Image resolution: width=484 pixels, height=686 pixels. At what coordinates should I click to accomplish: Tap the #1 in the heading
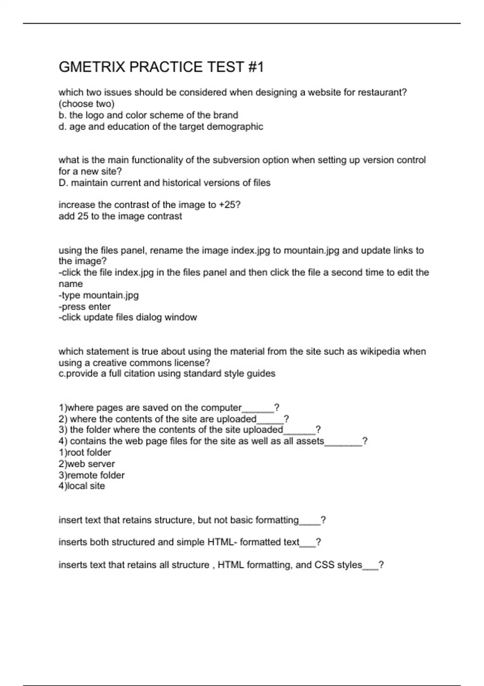click(255, 67)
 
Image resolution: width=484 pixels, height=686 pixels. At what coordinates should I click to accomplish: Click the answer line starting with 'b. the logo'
click(148, 115)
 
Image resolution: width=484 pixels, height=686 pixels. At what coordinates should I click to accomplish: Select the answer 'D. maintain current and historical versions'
click(164, 183)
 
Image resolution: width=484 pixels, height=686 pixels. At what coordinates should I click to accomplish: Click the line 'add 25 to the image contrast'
click(120, 216)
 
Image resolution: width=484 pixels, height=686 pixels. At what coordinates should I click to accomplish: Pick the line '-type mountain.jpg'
click(98, 295)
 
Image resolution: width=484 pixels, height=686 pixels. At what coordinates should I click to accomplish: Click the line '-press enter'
click(84, 307)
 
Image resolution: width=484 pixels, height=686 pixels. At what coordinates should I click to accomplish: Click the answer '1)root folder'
click(85, 453)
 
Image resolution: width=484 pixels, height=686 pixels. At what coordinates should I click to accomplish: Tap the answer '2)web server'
click(87, 464)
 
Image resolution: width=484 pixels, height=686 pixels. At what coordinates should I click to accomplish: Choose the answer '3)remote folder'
click(92, 475)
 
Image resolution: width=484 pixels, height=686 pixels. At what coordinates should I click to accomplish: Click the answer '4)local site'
click(81, 486)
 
